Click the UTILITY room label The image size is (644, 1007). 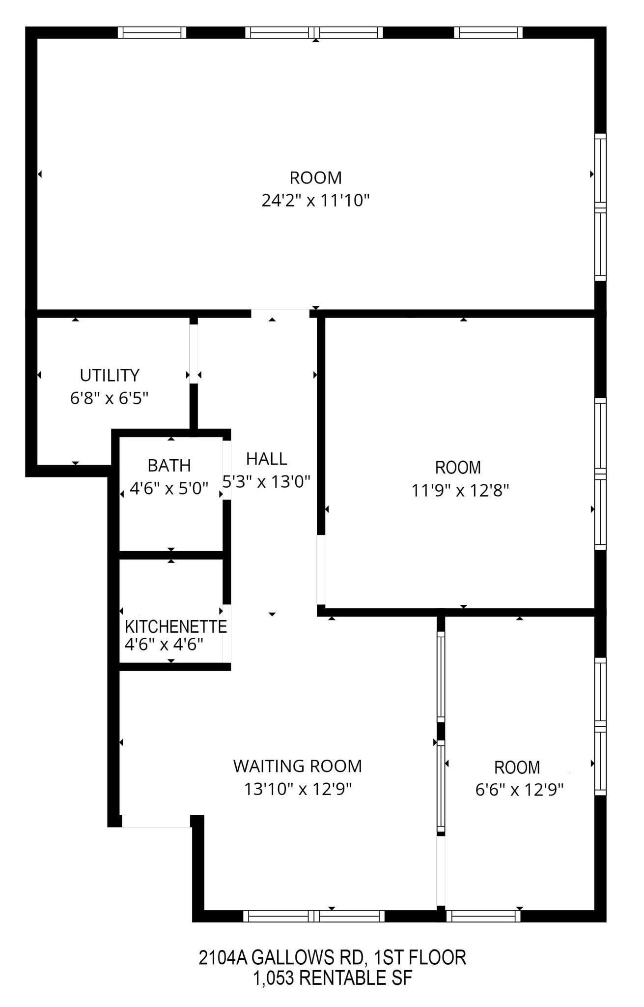pyautogui.click(x=110, y=375)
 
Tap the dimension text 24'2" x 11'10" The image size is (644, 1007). pyautogui.click(x=315, y=201)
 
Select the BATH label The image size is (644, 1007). pyautogui.click(x=169, y=465)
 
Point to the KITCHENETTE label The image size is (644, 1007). pyautogui.click(x=175, y=626)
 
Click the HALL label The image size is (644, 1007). pyautogui.click(x=266, y=459)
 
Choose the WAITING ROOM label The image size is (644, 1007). pyautogui.click(x=297, y=766)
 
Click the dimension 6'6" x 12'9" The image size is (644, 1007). pyautogui.click(x=519, y=790)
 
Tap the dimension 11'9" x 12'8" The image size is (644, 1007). pyautogui.click(x=460, y=491)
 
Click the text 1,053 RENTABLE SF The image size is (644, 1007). pyautogui.click(x=332, y=978)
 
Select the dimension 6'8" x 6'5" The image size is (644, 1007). pyautogui.click(x=109, y=398)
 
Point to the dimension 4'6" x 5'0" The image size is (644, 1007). pyautogui.click(x=169, y=489)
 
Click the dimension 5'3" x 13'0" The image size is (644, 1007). pyautogui.click(x=266, y=481)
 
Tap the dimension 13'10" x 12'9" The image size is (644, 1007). pyautogui.click(x=298, y=789)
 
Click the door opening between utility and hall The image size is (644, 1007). pyautogui.click(x=194, y=354)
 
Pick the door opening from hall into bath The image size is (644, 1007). pyautogui.click(x=227, y=470)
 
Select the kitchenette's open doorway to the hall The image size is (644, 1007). pyautogui.click(x=227, y=633)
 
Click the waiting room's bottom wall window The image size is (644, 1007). pyautogui.click(x=314, y=916)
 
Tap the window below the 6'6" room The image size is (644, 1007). pyautogui.click(x=483, y=916)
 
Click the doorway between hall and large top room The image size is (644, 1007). pyautogui.click(x=280, y=313)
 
